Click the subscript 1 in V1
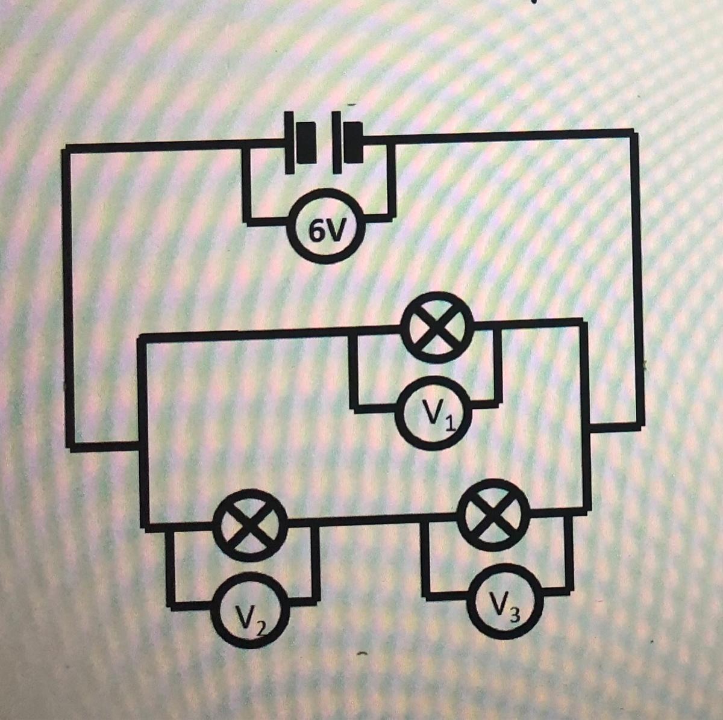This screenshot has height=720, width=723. [x=448, y=423]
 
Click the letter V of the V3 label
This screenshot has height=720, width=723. [x=498, y=600]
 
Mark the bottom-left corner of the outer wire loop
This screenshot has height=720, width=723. [x=72, y=445]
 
